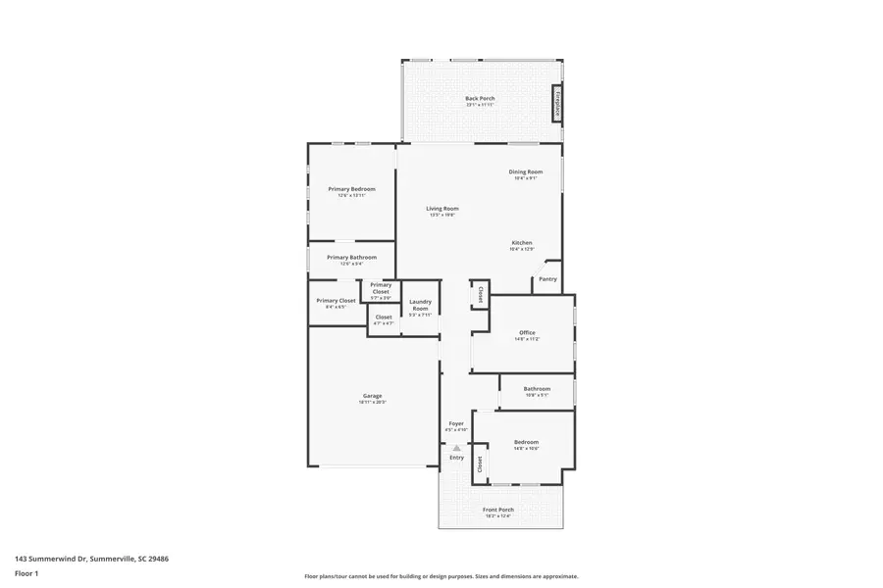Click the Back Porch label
pyautogui.click(x=480, y=99)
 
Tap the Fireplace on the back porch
pyautogui.click(x=556, y=103)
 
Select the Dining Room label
pyautogui.click(x=526, y=172)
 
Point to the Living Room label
pyautogui.click(x=441, y=209)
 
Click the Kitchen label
pyautogui.click(x=521, y=243)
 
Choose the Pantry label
pyautogui.click(x=547, y=279)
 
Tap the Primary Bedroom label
pyautogui.click(x=351, y=189)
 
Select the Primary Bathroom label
pyautogui.click(x=351, y=258)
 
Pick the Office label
pyautogui.click(x=527, y=333)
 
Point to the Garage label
pyautogui.click(x=372, y=396)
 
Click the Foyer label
pyautogui.click(x=456, y=424)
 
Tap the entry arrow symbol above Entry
pyautogui.click(x=456, y=447)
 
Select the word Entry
pyautogui.click(x=456, y=458)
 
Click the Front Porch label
pyautogui.click(x=498, y=510)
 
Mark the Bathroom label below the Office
pyautogui.click(x=537, y=389)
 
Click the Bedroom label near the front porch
pyautogui.click(x=526, y=443)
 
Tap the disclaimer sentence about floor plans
pyautogui.click(x=441, y=576)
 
